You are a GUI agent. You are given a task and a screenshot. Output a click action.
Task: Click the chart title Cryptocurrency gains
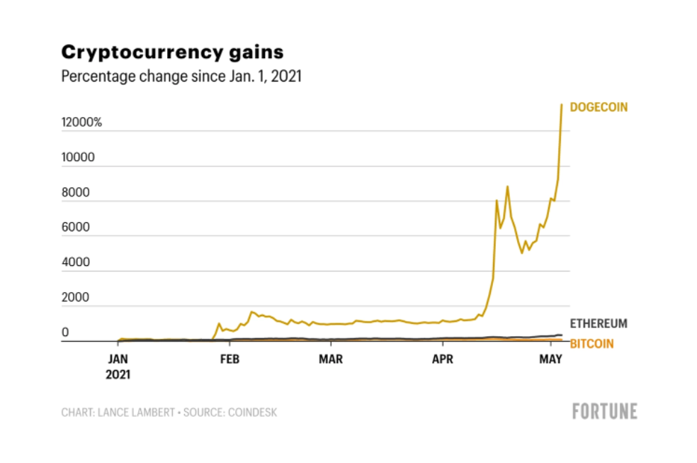click(x=172, y=52)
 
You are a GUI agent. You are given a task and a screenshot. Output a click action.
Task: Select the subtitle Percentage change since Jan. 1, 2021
click(x=181, y=77)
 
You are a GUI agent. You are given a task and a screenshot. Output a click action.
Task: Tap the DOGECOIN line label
click(x=599, y=107)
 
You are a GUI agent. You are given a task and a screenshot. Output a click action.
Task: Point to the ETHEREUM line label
click(x=599, y=324)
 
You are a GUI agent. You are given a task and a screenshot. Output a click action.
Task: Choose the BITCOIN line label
click(x=591, y=345)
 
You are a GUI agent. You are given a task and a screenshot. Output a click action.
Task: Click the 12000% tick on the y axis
click(x=81, y=123)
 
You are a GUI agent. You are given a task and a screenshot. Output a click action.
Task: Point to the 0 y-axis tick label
click(x=65, y=332)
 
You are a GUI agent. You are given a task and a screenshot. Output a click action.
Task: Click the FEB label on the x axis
click(x=229, y=359)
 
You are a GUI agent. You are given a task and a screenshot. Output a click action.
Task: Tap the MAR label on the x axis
click(x=331, y=359)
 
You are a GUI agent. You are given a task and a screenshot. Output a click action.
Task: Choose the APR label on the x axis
click(x=443, y=359)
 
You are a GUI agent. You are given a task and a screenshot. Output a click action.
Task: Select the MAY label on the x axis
click(x=550, y=359)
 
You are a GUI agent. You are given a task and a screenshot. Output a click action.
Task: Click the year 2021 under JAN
click(x=118, y=374)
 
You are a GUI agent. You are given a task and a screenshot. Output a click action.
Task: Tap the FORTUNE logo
click(x=604, y=411)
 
